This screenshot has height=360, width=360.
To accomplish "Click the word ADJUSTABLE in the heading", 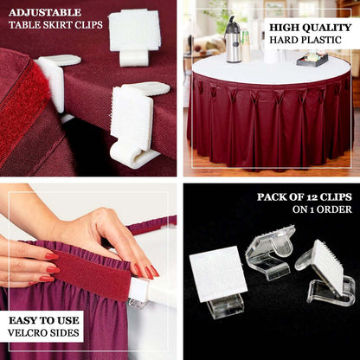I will point(45,13).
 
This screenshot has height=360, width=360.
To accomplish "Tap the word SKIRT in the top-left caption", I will point(53,25).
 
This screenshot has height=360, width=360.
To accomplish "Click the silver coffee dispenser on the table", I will point(233,41).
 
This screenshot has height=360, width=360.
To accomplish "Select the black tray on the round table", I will point(312,60).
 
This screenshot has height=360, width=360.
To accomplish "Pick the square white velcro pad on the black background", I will point(217,273).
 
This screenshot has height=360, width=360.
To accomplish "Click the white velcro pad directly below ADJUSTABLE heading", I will point(134,31).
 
